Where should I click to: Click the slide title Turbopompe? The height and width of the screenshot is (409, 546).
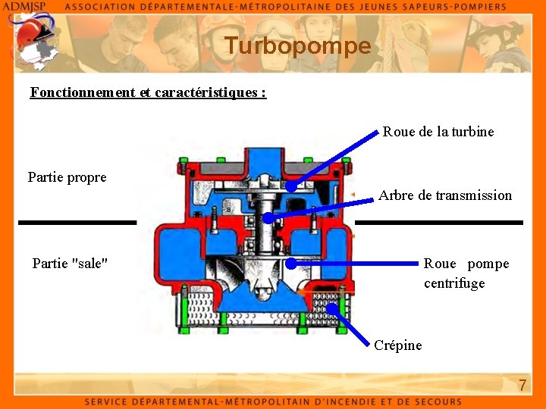tap(298, 46)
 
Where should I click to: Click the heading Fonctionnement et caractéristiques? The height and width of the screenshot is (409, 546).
tap(148, 93)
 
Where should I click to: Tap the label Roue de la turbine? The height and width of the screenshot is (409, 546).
tap(438, 132)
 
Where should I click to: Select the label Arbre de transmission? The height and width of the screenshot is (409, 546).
tap(445, 195)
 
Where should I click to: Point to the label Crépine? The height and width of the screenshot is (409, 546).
tap(397, 345)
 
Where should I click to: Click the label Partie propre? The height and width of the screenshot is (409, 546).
tap(67, 177)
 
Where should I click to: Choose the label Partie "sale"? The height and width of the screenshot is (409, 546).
tap(70, 264)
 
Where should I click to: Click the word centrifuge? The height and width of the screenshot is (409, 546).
tap(454, 283)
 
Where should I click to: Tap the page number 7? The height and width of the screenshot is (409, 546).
tap(522, 386)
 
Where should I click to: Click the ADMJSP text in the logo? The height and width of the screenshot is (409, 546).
tap(24, 6)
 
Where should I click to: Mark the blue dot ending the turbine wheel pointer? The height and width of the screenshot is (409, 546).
tap(291, 186)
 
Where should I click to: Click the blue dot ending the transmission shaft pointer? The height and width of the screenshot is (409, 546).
tap(268, 218)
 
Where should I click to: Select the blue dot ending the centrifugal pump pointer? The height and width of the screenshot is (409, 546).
tap(291, 264)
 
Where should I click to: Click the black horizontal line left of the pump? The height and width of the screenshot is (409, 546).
tap(77, 223)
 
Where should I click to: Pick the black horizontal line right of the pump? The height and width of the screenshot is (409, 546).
tap(439, 223)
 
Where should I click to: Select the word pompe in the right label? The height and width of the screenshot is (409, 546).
tap(488, 264)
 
